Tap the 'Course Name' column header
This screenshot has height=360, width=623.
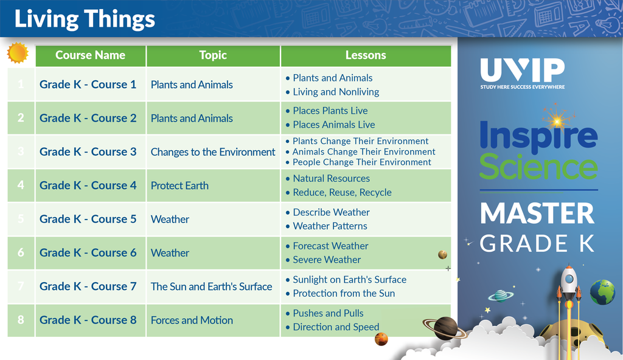(x=90, y=55)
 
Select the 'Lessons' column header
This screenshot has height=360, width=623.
(x=366, y=55)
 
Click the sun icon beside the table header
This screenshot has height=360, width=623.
(x=18, y=53)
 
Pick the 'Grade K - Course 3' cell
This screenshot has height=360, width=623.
(x=88, y=152)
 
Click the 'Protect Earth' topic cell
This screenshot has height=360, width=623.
(x=179, y=185)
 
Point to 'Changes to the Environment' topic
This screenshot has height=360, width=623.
(x=213, y=152)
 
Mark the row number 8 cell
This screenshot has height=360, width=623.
(x=21, y=320)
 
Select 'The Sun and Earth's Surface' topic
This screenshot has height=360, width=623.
(x=211, y=286)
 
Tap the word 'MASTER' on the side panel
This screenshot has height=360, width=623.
(x=537, y=213)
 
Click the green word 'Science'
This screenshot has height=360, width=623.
(x=538, y=167)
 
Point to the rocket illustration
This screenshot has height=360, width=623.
(x=569, y=294)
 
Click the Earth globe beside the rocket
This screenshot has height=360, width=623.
(x=602, y=292)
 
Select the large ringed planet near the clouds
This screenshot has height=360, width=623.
(x=445, y=328)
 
